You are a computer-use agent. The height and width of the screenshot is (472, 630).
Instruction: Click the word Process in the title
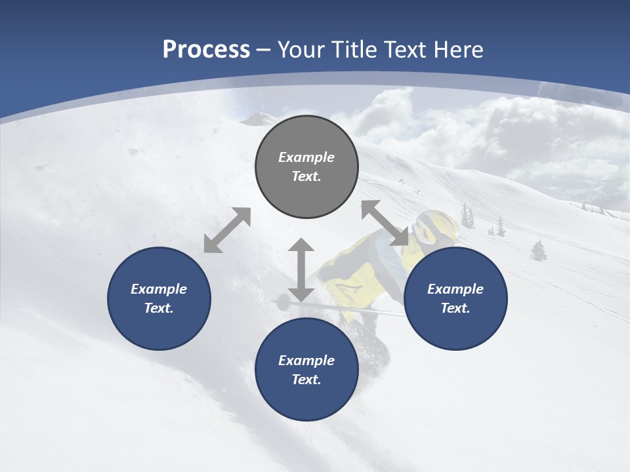pos(206,50)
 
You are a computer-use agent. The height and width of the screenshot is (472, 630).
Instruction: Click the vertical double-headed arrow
pos(301,270)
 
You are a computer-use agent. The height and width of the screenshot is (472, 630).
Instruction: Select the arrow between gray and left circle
pos(227,230)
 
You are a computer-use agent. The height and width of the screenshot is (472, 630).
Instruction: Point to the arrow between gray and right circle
pos(385,224)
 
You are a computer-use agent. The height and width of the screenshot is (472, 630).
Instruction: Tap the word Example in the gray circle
pos(306,157)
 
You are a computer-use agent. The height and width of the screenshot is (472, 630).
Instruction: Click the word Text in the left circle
pos(159,308)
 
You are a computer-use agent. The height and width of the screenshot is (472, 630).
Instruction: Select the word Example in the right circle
pos(455,289)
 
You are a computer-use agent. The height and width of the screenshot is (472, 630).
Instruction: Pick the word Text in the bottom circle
pos(306,380)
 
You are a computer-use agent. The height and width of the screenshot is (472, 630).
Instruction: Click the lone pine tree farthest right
pos(539,250)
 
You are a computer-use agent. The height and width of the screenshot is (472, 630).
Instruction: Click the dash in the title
pos(263,50)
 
